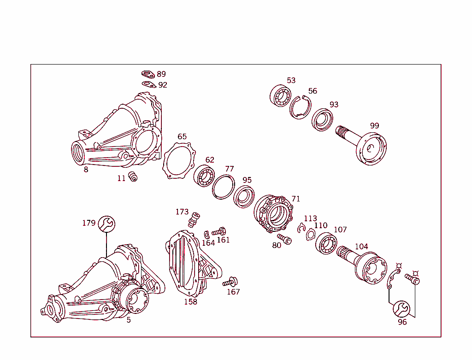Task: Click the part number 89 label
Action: pyautogui.click(x=161, y=74)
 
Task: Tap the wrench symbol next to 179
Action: pyautogui.click(x=106, y=224)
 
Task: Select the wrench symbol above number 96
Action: pyautogui.click(x=401, y=308)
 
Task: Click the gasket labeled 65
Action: pyautogui.click(x=178, y=159)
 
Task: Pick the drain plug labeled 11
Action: pyautogui.click(x=133, y=176)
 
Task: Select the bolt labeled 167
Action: pyautogui.click(x=230, y=281)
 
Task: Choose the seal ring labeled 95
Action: pyautogui.click(x=243, y=196)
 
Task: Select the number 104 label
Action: pyautogui.click(x=361, y=247)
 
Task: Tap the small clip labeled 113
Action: pyautogui.click(x=302, y=227)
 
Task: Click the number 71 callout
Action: pyautogui.click(x=295, y=199)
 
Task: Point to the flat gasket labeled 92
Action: pyautogui.click(x=148, y=84)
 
